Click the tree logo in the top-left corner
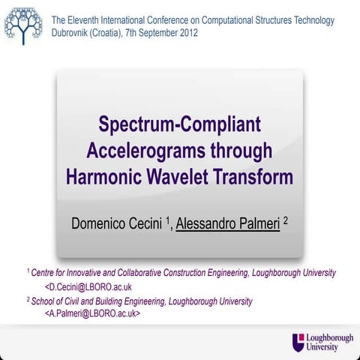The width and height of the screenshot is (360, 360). click(22, 24)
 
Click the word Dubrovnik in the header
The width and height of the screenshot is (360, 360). click(74, 34)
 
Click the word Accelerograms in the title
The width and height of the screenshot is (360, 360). click(144, 151)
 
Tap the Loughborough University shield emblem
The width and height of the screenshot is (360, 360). click(299, 342)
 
